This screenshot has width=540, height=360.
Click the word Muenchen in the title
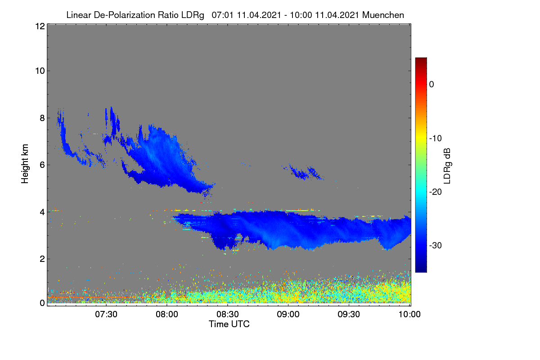(x=383, y=15)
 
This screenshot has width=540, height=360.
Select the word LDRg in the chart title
(x=193, y=15)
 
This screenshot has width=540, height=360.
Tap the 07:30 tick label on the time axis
(x=106, y=314)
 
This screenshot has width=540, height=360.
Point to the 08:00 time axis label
(x=167, y=314)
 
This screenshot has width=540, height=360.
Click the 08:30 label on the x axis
(x=228, y=314)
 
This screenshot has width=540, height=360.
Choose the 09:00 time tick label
(x=288, y=314)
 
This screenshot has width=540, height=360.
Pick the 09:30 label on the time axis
(x=349, y=314)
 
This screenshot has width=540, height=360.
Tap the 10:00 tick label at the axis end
(x=409, y=314)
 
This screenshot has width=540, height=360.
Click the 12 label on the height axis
(x=40, y=26)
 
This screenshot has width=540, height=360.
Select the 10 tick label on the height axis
(x=40, y=71)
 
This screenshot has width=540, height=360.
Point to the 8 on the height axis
(x=42, y=118)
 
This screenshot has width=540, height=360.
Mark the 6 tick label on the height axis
(x=42, y=165)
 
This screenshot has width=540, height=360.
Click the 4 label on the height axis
(x=42, y=212)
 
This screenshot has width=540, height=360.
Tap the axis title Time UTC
(x=229, y=324)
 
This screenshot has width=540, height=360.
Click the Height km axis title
(x=25, y=164)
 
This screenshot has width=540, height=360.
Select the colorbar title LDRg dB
(x=447, y=166)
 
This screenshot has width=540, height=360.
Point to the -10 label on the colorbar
(x=436, y=139)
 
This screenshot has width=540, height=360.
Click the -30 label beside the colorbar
(x=436, y=245)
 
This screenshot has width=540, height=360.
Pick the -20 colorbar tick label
(x=436, y=192)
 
